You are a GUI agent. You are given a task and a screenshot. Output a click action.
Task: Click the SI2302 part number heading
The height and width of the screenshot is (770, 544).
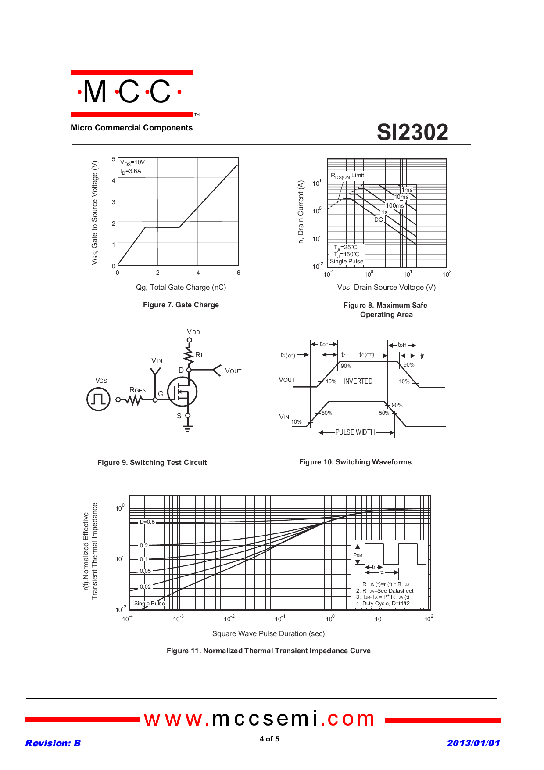[412, 132]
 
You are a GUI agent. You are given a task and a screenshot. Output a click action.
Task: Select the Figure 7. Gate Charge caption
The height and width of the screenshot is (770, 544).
[181, 305]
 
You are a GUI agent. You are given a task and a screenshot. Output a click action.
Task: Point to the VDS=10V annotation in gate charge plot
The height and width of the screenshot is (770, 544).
[132, 162]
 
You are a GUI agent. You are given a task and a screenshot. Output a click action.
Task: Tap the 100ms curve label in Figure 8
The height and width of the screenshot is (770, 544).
[395, 205]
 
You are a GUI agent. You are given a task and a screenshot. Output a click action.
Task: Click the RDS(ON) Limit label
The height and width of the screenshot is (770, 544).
[347, 176]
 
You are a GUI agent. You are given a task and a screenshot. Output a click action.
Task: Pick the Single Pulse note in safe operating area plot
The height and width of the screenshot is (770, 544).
[347, 261]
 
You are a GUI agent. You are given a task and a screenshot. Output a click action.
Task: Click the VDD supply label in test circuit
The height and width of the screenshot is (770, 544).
[193, 332]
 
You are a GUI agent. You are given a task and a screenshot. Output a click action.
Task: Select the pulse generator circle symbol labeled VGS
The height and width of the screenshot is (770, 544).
[98, 399]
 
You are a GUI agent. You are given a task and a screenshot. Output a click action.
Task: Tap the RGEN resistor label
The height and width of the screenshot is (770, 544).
[138, 390]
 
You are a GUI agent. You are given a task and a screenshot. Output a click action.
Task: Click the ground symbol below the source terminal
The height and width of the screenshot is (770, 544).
[188, 428]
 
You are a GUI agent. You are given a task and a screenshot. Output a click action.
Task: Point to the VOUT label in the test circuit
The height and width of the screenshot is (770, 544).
[233, 371]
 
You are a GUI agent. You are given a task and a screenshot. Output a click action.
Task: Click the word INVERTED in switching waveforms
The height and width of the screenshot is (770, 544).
[358, 381]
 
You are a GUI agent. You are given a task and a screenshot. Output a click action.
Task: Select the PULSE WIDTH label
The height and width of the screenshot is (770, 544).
[355, 432]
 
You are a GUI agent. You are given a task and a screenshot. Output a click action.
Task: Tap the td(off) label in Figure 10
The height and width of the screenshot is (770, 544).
[367, 355]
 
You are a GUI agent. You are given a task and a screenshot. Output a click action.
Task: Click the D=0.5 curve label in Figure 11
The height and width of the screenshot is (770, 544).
[147, 522]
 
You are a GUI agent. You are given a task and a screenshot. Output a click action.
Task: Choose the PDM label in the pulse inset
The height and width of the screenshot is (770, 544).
[358, 555]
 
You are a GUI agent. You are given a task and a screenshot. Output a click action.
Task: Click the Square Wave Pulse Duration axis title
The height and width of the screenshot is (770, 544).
[268, 633]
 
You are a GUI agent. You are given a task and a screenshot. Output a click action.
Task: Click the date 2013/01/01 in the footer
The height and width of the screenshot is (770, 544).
[473, 743]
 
